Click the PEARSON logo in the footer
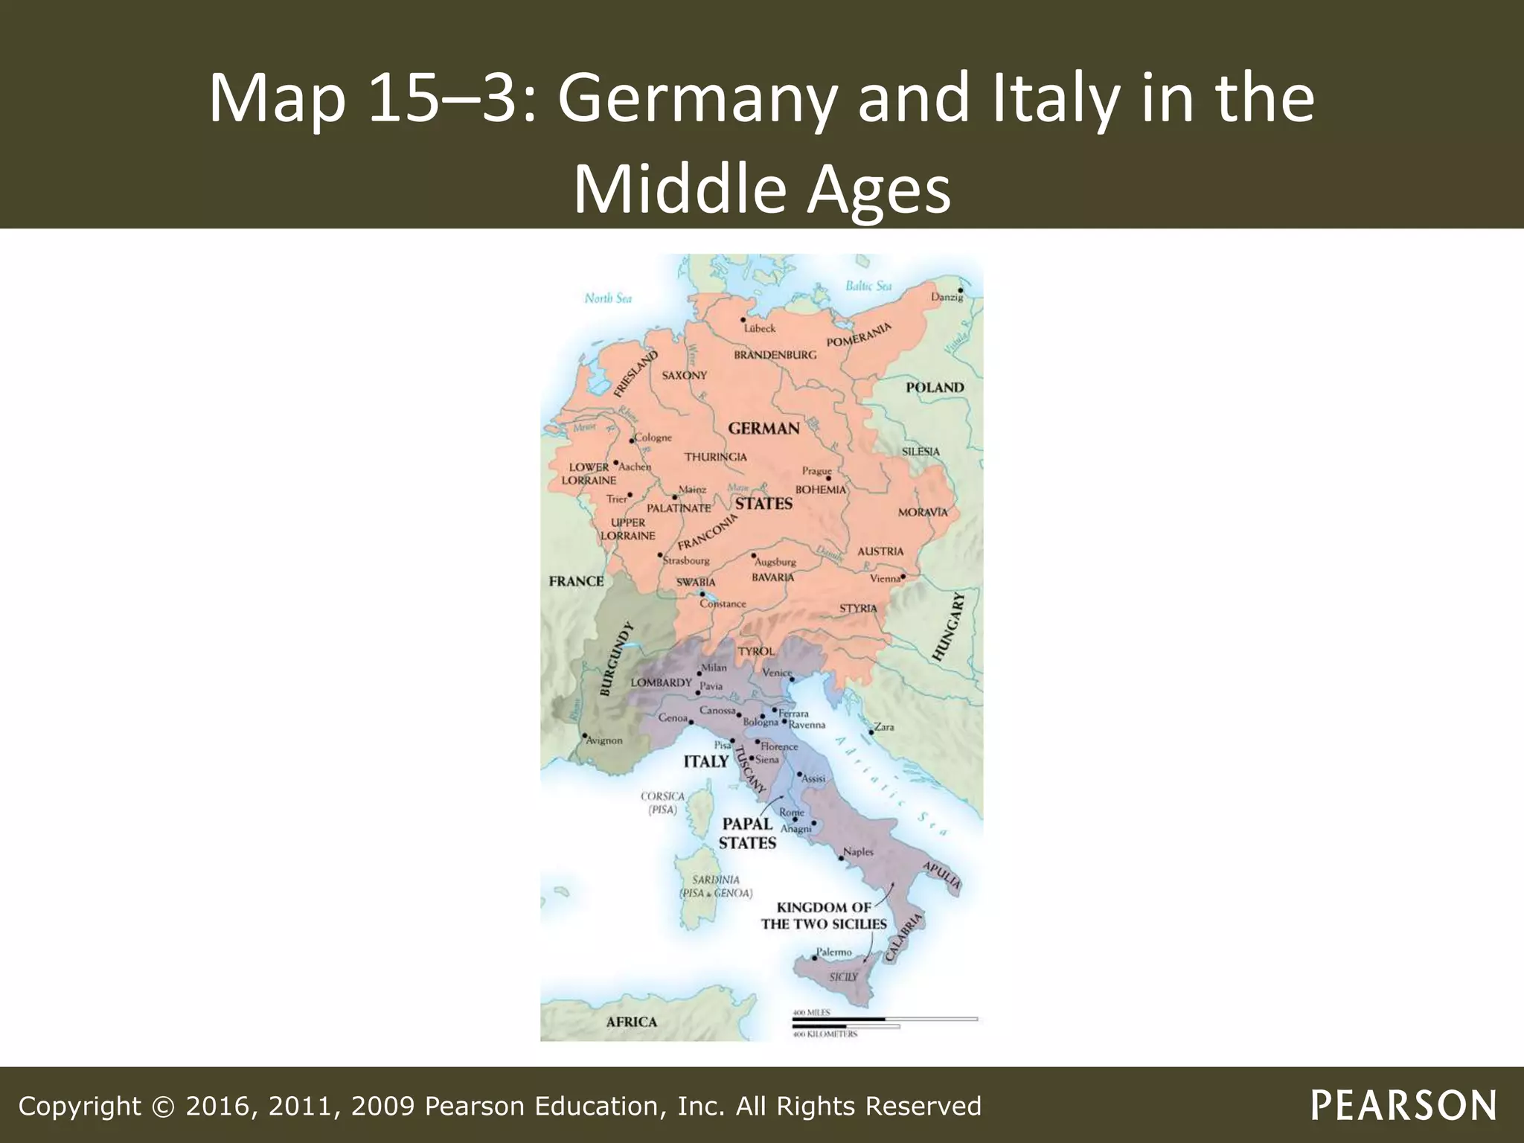pyautogui.click(x=1403, y=1105)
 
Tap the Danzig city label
pyautogui.click(x=947, y=298)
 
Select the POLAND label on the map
pyautogui.click(x=935, y=388)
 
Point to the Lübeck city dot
pyautogui.click(x=743, y=320)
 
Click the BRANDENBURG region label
pyautogui.click(x=775, y=355)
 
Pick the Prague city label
pyautogui.click(x=816, y=471)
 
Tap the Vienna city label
pyautogui.click(x=885, y=579)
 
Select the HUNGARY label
pyautogui.click(x=950, y=627)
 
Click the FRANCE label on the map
pyautogui.click(x=576, y=581)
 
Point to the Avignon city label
pyautogui.click(x=603, y=741)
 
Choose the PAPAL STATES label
pyautogui.click(x=747, y=833)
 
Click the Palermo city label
pyautogui.click(x=833, y=952)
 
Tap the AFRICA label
pyautogui.click(x=631, y=1022)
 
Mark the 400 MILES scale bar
pyautogui.click(x=884, y=1017)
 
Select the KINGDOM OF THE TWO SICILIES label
pyautogui.click(x=824, y=916)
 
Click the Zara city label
pyautogui.click(x=884, y=727)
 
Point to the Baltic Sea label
pyautogui.click(x=868, y=286)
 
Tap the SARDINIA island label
pyautogui.click(x=715, y=880)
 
